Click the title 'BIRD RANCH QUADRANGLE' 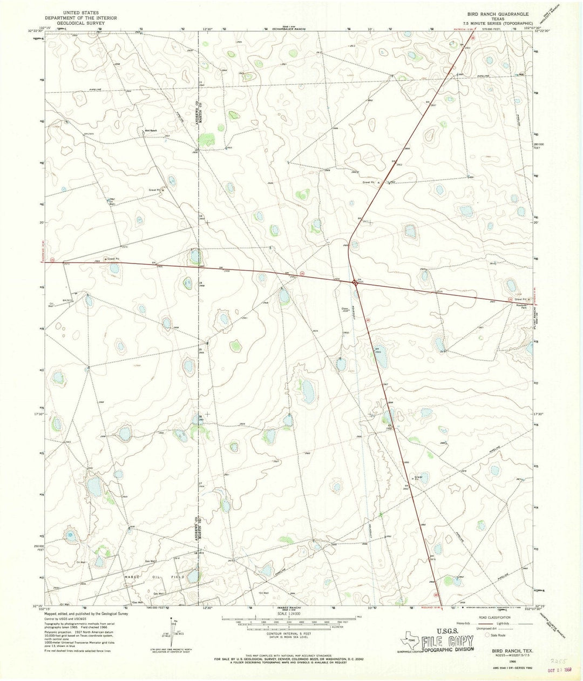[494, 12]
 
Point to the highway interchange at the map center [354, 281]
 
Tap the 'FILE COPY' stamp [448, 642]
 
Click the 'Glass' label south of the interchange [344, 309]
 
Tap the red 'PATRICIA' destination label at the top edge [459, 37]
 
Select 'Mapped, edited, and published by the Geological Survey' [86, 613]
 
